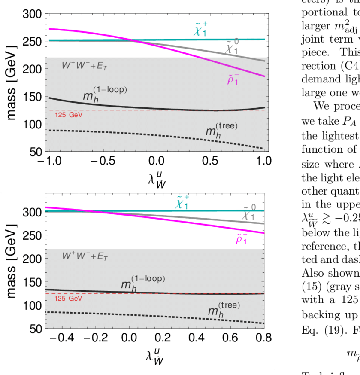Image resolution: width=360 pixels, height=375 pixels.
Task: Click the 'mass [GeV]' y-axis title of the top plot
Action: click(12, 82)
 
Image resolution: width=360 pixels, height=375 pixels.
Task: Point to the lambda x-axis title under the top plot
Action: click(157, 179)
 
